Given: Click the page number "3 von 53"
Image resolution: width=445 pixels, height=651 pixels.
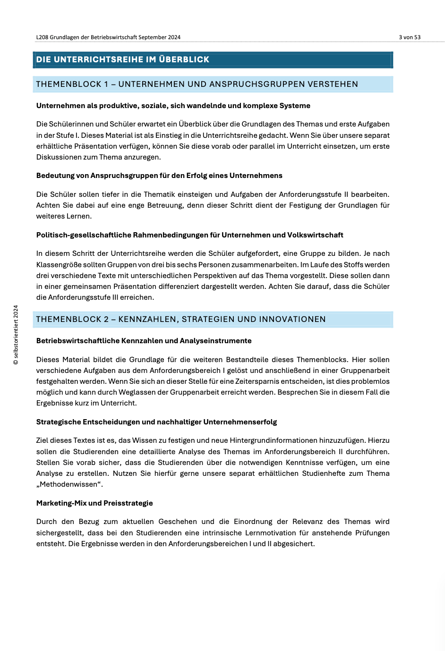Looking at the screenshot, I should click(410, 37).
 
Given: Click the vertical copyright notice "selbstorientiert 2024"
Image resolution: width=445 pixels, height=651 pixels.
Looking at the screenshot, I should click(16, 335).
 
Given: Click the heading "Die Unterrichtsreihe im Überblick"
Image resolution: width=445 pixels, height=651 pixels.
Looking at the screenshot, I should click(123, 59).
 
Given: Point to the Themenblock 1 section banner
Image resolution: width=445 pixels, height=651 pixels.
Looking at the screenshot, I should click(213, 84).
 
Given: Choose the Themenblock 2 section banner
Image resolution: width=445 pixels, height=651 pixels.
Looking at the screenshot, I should click(213, 319).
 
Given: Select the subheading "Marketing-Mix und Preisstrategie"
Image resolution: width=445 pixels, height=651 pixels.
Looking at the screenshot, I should click(94, 503).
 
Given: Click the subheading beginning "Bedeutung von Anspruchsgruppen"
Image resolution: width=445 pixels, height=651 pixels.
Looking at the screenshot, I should click(159, 176).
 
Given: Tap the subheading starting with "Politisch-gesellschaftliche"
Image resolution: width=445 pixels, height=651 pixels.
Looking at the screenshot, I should click(189, 235).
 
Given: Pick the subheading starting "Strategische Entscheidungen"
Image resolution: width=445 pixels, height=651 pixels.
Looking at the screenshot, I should click(156, 422).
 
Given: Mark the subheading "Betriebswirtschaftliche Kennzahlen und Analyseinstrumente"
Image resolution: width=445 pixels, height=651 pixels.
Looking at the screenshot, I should click(144, 341).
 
